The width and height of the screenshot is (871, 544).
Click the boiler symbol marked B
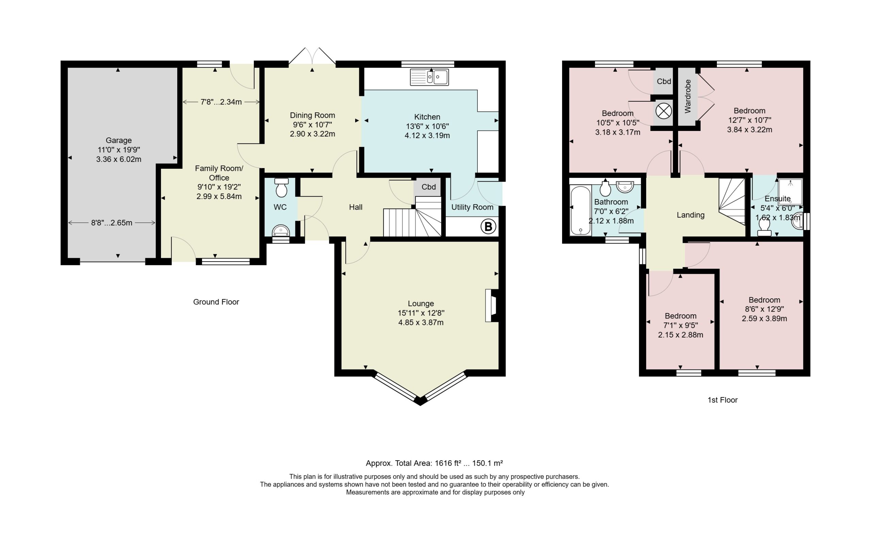[488, 227]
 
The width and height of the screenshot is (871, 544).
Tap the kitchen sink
[429, 77]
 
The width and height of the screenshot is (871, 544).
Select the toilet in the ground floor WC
[281, 187]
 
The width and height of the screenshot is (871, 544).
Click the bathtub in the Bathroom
[580, 210]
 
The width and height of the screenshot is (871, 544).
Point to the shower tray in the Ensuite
[790, 192]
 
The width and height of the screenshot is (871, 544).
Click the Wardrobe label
[688, 96]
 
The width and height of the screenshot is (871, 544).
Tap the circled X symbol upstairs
[663, 111]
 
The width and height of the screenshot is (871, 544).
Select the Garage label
[118, 140]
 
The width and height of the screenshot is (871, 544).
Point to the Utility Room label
[472, 207]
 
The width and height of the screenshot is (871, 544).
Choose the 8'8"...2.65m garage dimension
[112, 223]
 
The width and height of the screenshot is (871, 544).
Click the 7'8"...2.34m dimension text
[221, 102]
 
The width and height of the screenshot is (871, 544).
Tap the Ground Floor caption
[216, 302]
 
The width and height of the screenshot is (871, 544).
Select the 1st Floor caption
[722, 400]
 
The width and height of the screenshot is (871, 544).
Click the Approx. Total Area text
[434, 463]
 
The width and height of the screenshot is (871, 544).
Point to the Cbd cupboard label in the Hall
[428, 187]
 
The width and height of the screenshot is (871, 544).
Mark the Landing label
[690, 215]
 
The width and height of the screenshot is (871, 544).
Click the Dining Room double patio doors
[312, 57]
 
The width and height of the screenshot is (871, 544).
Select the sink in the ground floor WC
[281, 230]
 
